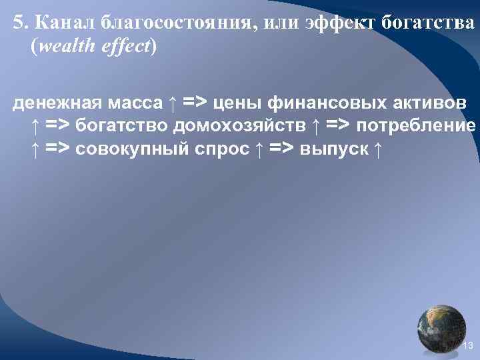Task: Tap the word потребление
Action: click(416, 125)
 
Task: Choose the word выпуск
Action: click(334, 148)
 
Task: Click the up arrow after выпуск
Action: click(378, 148)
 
